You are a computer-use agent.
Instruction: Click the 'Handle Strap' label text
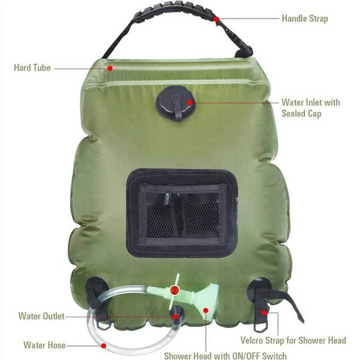click(304, 18)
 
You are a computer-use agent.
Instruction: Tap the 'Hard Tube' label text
click(32, 67)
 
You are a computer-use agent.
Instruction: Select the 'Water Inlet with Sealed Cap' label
click(310, 108)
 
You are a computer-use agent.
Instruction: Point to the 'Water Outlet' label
click(41, 316)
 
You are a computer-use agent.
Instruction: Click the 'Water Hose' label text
click(44, 345)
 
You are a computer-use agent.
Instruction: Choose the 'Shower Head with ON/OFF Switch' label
click(225, 356)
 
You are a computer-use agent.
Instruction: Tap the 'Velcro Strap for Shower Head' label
click(293, 340)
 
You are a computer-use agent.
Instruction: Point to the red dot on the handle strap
click(216, 19)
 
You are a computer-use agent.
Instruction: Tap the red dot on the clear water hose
click(103, 345)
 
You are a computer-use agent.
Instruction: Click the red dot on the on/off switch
click(174, 290)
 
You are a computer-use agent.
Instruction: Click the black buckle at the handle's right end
click(245, 50)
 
